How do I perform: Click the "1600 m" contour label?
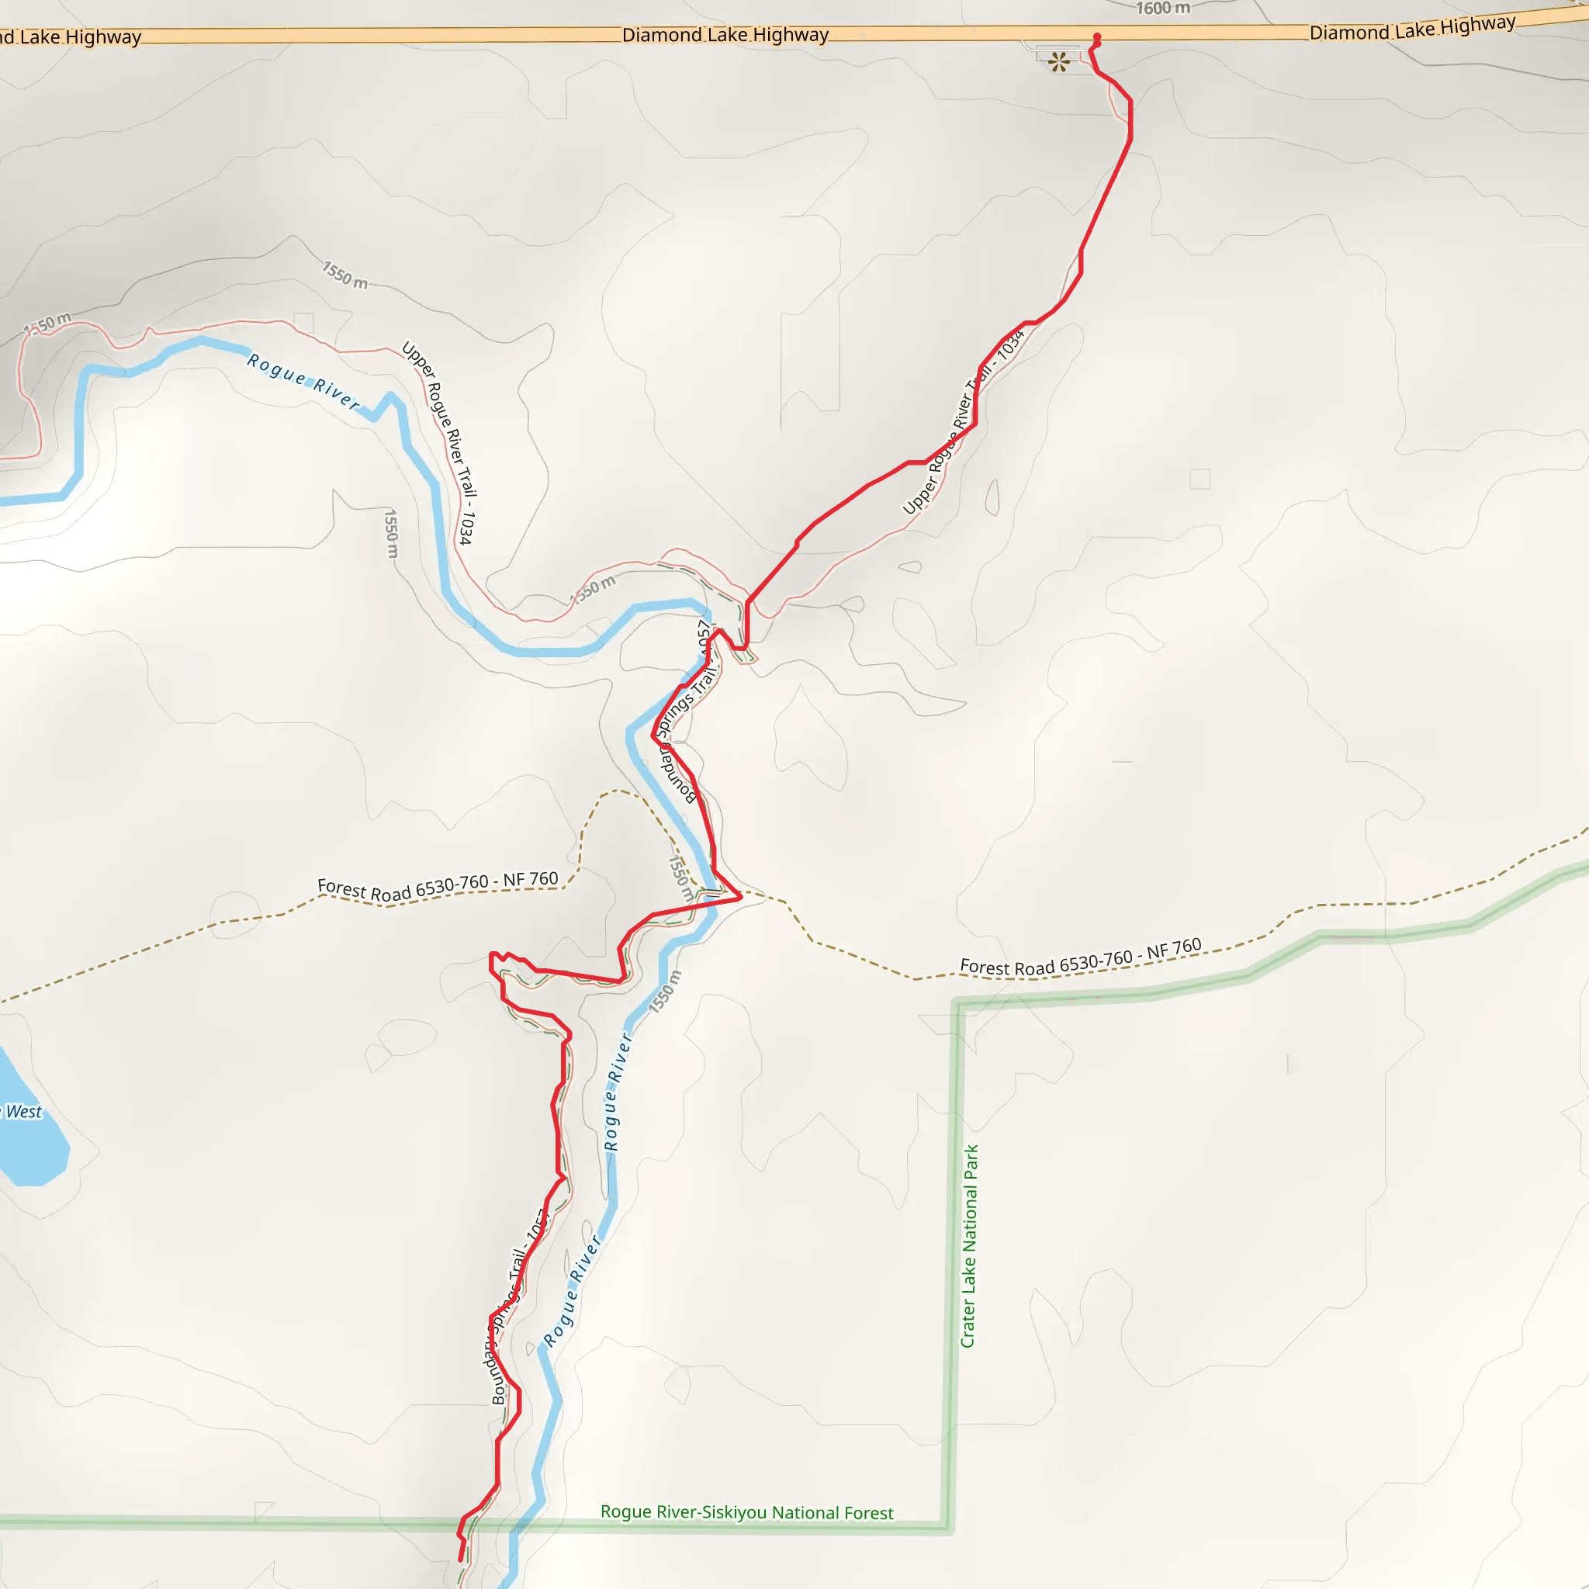[x=1163, y=9]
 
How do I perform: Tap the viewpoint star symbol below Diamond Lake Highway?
[x=1059, y=62]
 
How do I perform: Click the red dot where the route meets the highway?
[x=1097, y=37]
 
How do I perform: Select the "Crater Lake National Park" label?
[x=970, y=1246]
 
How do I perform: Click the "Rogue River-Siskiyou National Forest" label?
[x=747, y=1512]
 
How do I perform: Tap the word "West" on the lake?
[x=24, y=1112]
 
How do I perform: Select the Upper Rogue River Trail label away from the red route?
[x=438, y=442]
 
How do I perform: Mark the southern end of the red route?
[x=461, y=1560]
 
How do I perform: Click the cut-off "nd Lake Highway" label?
[x=71, y=37]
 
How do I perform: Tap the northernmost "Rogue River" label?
[x=303, y=380]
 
